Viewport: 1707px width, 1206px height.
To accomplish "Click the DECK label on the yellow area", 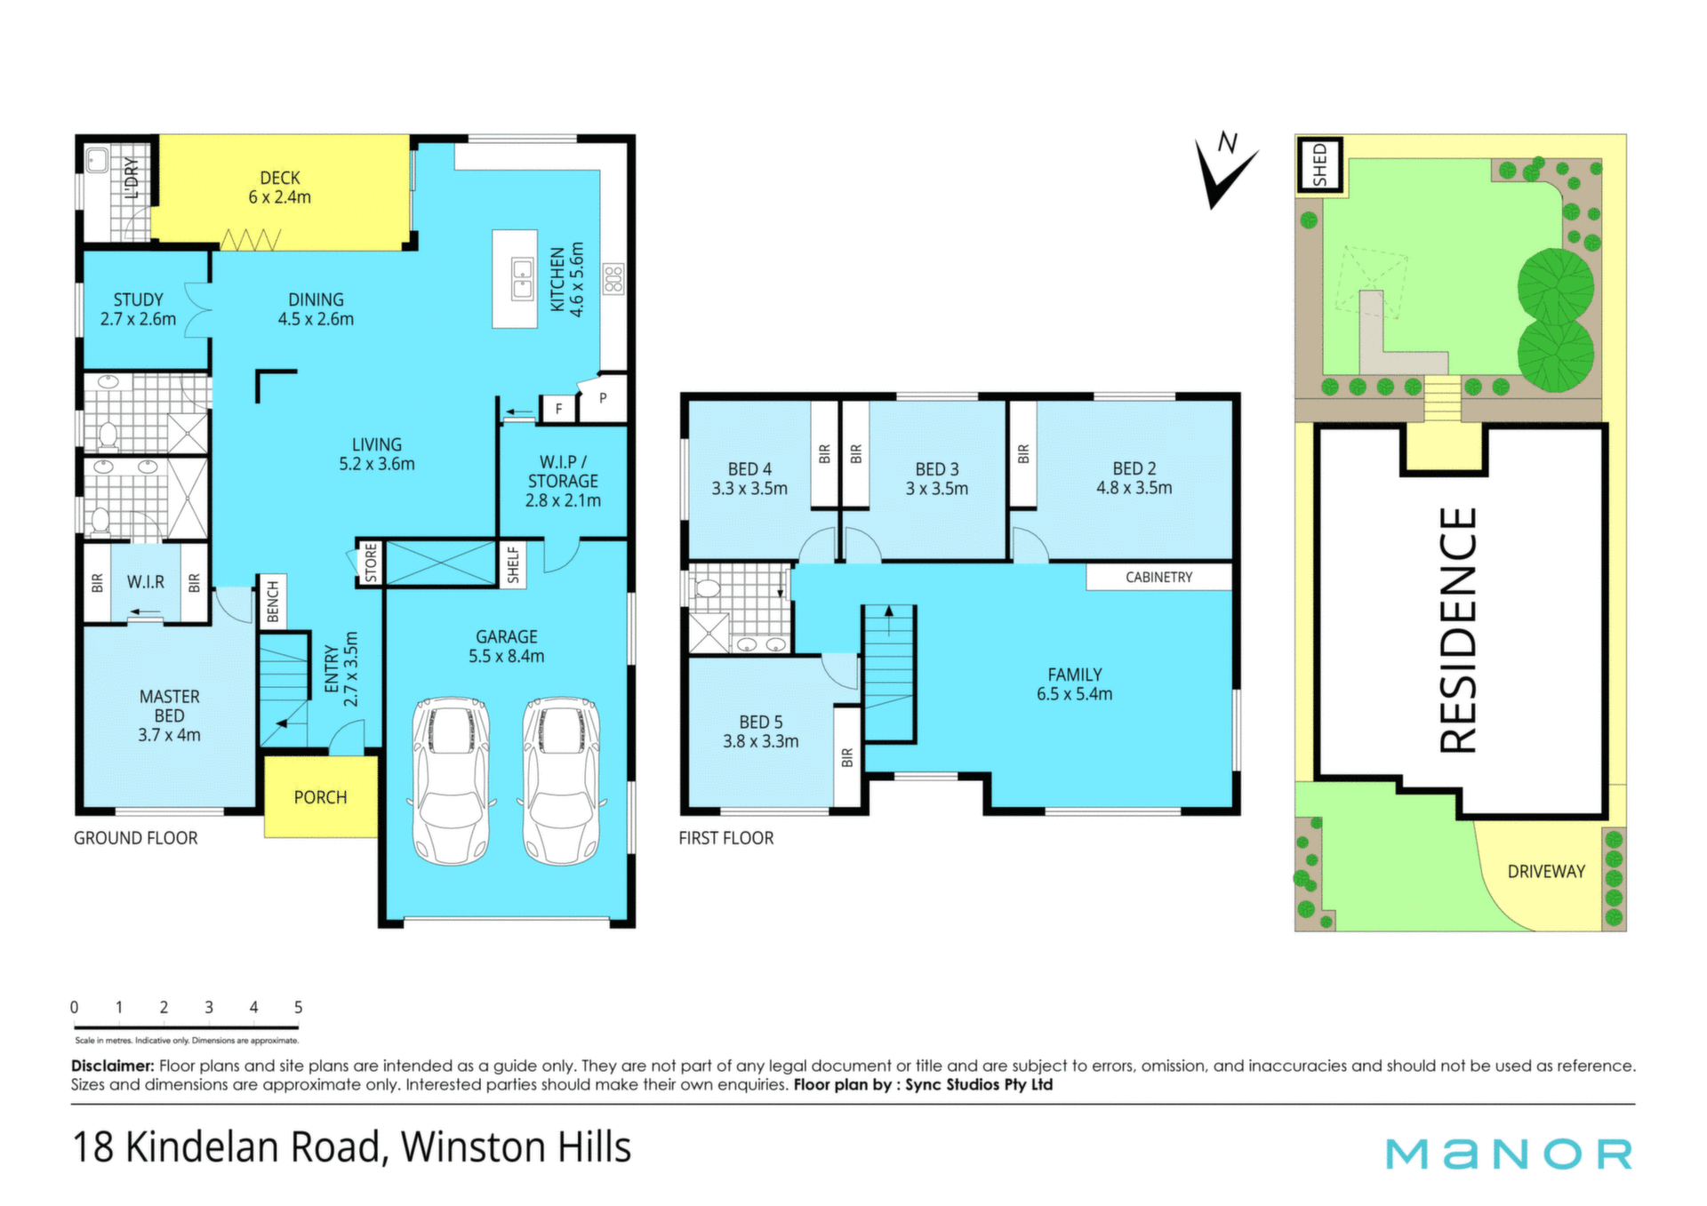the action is (280, 178).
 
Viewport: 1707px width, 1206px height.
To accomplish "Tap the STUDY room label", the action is (138, 300).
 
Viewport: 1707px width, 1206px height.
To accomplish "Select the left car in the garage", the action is (452, 781).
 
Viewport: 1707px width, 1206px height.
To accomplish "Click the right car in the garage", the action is (561, 781).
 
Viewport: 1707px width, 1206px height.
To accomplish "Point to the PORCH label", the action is (320, 797).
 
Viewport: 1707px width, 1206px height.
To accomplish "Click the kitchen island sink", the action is (522, 278).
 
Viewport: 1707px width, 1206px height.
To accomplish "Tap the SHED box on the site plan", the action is (1319, 164).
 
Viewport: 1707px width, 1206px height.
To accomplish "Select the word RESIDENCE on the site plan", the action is (1458, 630).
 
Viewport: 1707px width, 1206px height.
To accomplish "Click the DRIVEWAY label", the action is (1546, 872).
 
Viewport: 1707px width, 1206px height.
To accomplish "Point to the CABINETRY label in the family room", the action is (1158, 578).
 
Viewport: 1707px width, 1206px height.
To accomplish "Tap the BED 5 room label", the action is (761, 723).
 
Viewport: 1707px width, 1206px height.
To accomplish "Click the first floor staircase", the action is (889, 674).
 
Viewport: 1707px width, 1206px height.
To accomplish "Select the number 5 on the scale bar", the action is (299, 1007).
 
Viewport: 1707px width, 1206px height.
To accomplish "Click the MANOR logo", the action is (1509, 1154).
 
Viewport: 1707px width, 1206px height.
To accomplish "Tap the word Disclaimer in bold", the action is (113, 1066).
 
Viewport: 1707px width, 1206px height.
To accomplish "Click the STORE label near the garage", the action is (371, 563).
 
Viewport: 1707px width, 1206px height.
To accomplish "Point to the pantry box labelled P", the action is (604, 399).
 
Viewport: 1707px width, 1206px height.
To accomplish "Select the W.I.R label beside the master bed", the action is (145, 582).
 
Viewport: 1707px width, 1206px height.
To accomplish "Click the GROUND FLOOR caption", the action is (136, 838).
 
